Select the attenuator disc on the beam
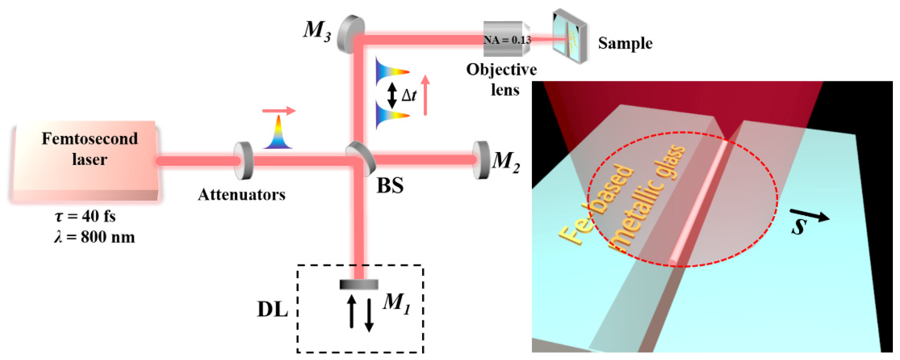243,160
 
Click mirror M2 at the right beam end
481,160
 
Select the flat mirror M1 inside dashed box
359,284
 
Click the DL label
273,310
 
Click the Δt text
408,95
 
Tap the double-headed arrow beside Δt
392,95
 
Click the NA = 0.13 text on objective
507,40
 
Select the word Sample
625,44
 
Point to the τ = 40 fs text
85,217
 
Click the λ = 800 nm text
94,237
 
